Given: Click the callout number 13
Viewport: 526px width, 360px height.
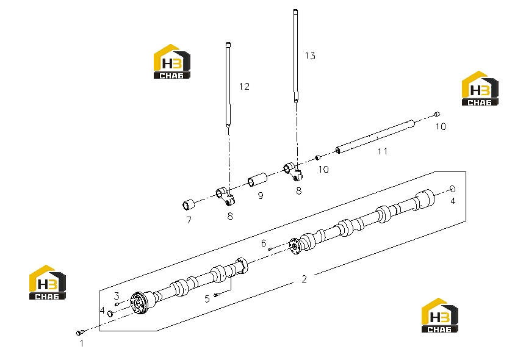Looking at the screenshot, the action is (310, 56).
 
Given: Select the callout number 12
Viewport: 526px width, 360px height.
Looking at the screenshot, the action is (244, 87).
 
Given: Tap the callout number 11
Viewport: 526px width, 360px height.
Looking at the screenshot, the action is (383, 151).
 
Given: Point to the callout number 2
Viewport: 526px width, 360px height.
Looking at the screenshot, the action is (304, 279).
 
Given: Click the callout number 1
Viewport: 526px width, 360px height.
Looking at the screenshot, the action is (82, 344).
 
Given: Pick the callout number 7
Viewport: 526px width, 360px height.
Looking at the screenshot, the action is (189, 220).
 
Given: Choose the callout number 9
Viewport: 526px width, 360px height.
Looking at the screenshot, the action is (261, 196).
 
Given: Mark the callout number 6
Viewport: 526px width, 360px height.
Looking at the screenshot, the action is (264, 243).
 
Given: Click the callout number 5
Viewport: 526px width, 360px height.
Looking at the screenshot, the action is (207, 298).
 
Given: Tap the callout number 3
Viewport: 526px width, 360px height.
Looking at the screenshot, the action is (117, 296).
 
